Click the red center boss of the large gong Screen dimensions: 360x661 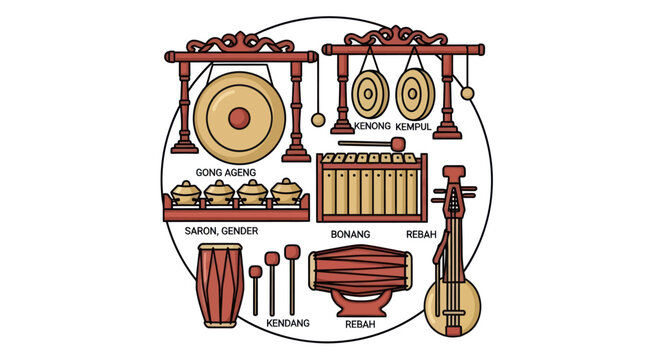tap(237, 117)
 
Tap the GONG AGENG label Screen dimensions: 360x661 tap(225, 172)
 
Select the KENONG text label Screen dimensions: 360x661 tap(372, 127)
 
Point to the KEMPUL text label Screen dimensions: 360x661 tap(413, 127)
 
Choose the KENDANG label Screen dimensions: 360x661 tap(288, 323)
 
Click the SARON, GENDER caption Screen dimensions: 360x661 tap(222, 230)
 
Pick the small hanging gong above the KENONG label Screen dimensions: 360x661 tap(369, 95)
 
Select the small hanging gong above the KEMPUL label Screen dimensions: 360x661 tap(413, 95)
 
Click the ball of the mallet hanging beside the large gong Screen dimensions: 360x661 tap(318, 120)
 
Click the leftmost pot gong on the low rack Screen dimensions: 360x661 tap(187, 192)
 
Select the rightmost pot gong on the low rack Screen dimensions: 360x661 tap(287, 192)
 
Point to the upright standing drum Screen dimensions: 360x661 tap(220, 284)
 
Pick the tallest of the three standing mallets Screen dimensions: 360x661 tap(292, 279)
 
